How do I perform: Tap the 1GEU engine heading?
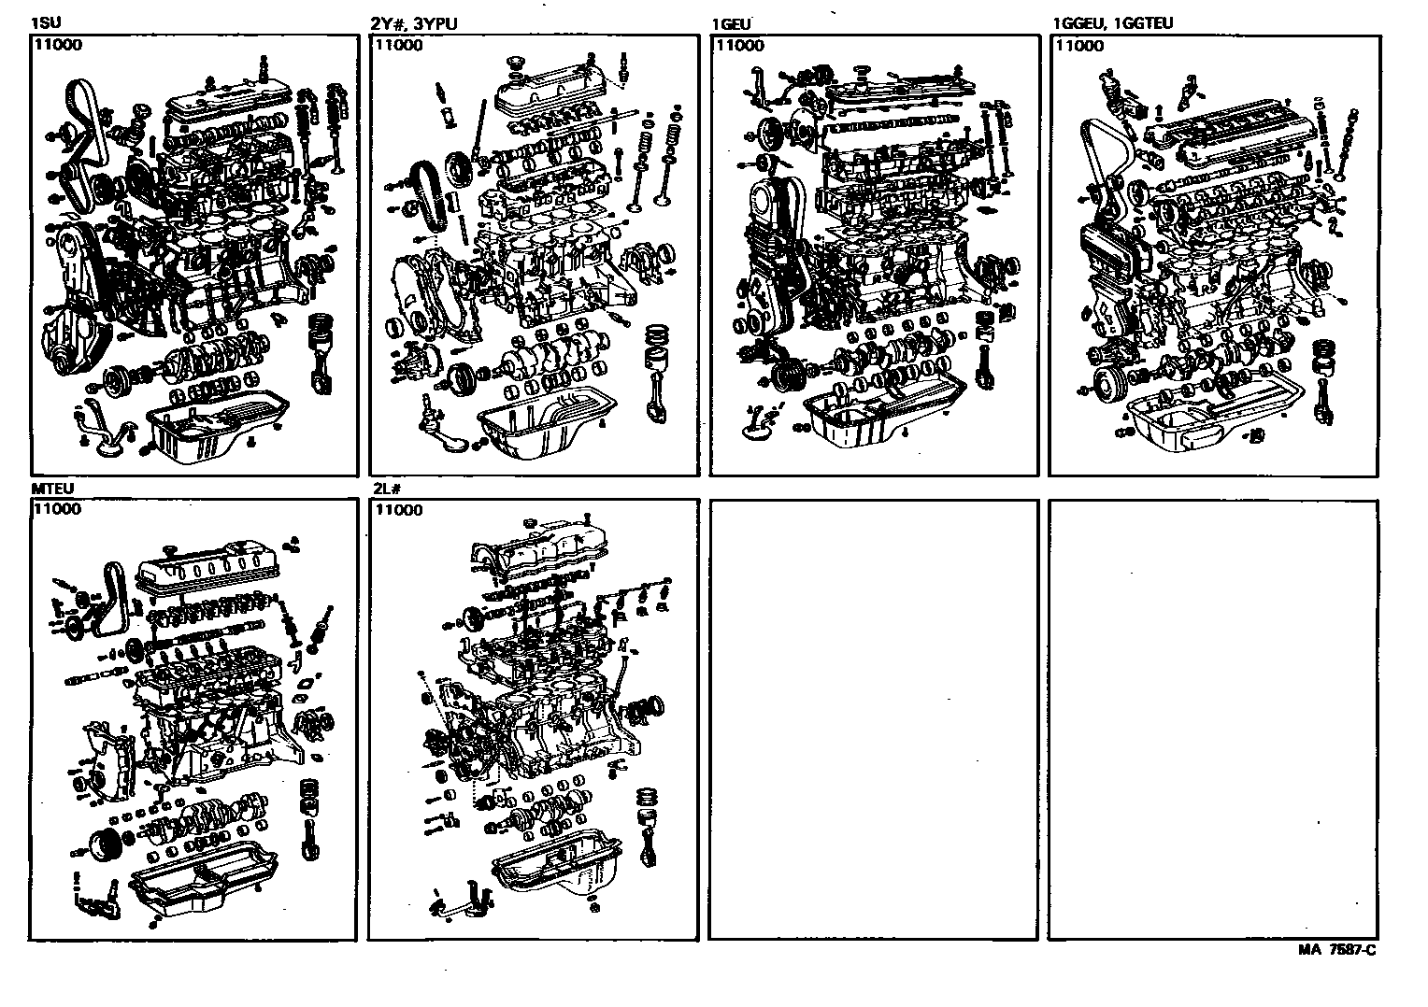tap(731, 23)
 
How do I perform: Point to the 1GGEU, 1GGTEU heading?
tap(1112, 23)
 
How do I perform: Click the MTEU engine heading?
tap(51, 489)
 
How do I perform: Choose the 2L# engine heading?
tap(386, 489)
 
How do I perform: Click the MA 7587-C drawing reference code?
tap(1336, 950)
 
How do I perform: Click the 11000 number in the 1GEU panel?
tap(738, 44)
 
